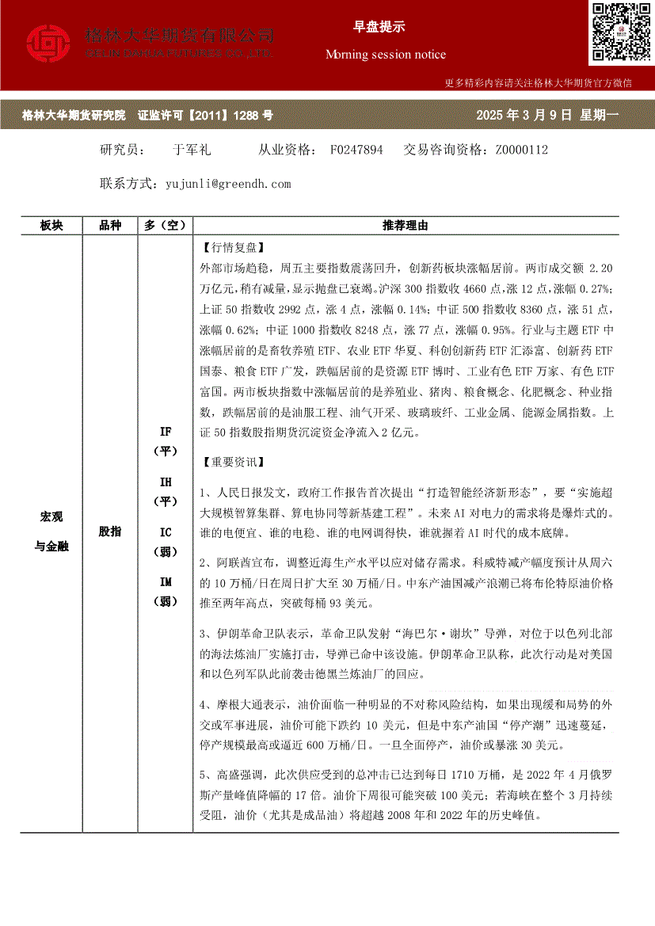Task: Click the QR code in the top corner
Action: click(619, 32)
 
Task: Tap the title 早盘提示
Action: click(379, 27)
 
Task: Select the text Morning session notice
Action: click(386, 55)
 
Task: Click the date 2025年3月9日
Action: click(524, 116)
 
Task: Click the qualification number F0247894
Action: click(356, 150)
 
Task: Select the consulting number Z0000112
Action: click(522, 150)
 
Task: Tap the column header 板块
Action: click(51, 226)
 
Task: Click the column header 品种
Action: click(110, 226)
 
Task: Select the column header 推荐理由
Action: click(405, 226)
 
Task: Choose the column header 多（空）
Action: click(166, 226)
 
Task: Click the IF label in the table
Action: click(166, 432)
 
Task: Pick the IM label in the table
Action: click(166, 582)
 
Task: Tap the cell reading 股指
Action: click(110, 532)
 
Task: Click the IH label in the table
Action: click(166, 482)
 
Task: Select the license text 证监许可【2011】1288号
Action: click(205, 116)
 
